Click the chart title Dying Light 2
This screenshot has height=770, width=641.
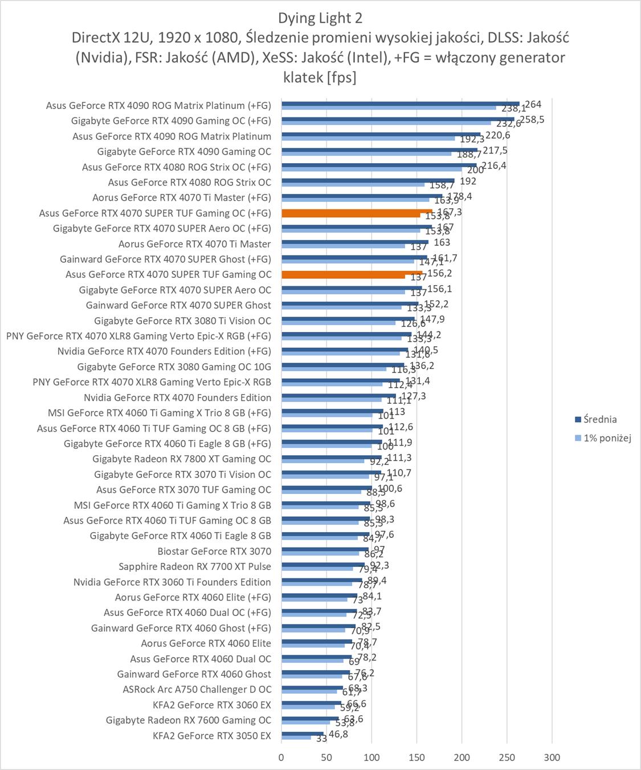(x=320, y=18)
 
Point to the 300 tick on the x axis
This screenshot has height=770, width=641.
(x=552, y=757)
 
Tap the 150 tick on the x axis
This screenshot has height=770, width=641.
(x=417, y=757)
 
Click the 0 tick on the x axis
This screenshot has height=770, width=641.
(x=281, y=757)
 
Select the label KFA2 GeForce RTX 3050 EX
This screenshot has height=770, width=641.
(x=212, y=736)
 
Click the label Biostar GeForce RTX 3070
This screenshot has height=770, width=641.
(x=214, y=551)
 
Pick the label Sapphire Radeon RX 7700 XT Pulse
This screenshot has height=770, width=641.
(x=195, y=566)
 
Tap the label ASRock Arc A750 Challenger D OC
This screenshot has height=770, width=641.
(x=197, y=690)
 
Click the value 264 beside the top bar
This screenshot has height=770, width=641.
(x=533, y=104)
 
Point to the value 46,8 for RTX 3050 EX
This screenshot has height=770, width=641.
(x=338, y=734)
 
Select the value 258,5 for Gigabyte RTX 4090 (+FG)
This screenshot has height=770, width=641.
(x=532, y=120)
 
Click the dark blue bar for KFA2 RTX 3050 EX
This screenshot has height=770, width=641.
(x=302, y=733)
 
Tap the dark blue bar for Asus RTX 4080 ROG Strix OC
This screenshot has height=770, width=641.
(x=368, y=180)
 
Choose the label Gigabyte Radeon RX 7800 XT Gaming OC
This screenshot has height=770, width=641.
(x=182, y=459)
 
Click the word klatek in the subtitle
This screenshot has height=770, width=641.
(x=303, y=77)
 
